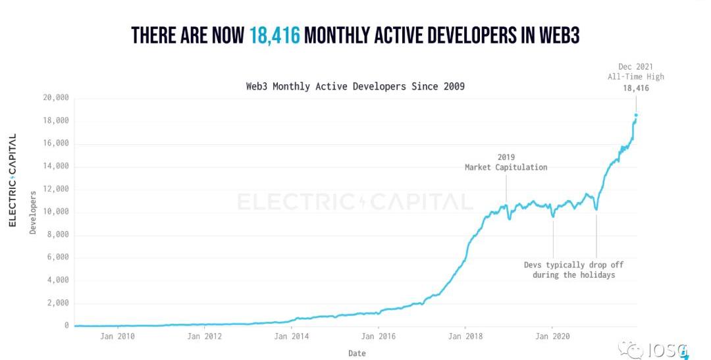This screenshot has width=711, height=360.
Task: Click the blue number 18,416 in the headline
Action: point(275,35)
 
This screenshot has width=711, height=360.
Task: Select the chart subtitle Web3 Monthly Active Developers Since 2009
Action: point(355,86)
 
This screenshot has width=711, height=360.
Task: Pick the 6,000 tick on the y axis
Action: point(57,257)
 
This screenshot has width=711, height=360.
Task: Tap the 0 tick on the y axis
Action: point(66,326)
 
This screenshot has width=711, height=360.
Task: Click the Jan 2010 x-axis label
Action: point(118,336)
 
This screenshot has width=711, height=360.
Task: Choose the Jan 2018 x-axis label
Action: point(465,336)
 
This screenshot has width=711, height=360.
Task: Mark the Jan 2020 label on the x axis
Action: point(552,336)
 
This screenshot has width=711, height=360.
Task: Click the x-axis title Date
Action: point(356,353)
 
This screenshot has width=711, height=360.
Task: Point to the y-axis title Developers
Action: point(33,213)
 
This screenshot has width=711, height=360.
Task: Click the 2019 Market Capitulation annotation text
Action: point(506,163)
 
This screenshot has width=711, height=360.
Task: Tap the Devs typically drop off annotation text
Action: point(574,269)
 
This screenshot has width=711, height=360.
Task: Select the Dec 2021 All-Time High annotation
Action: point(635,77)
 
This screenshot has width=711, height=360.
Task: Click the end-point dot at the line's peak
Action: point(636,115)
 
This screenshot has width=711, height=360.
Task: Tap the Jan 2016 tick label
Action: point(379,336)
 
